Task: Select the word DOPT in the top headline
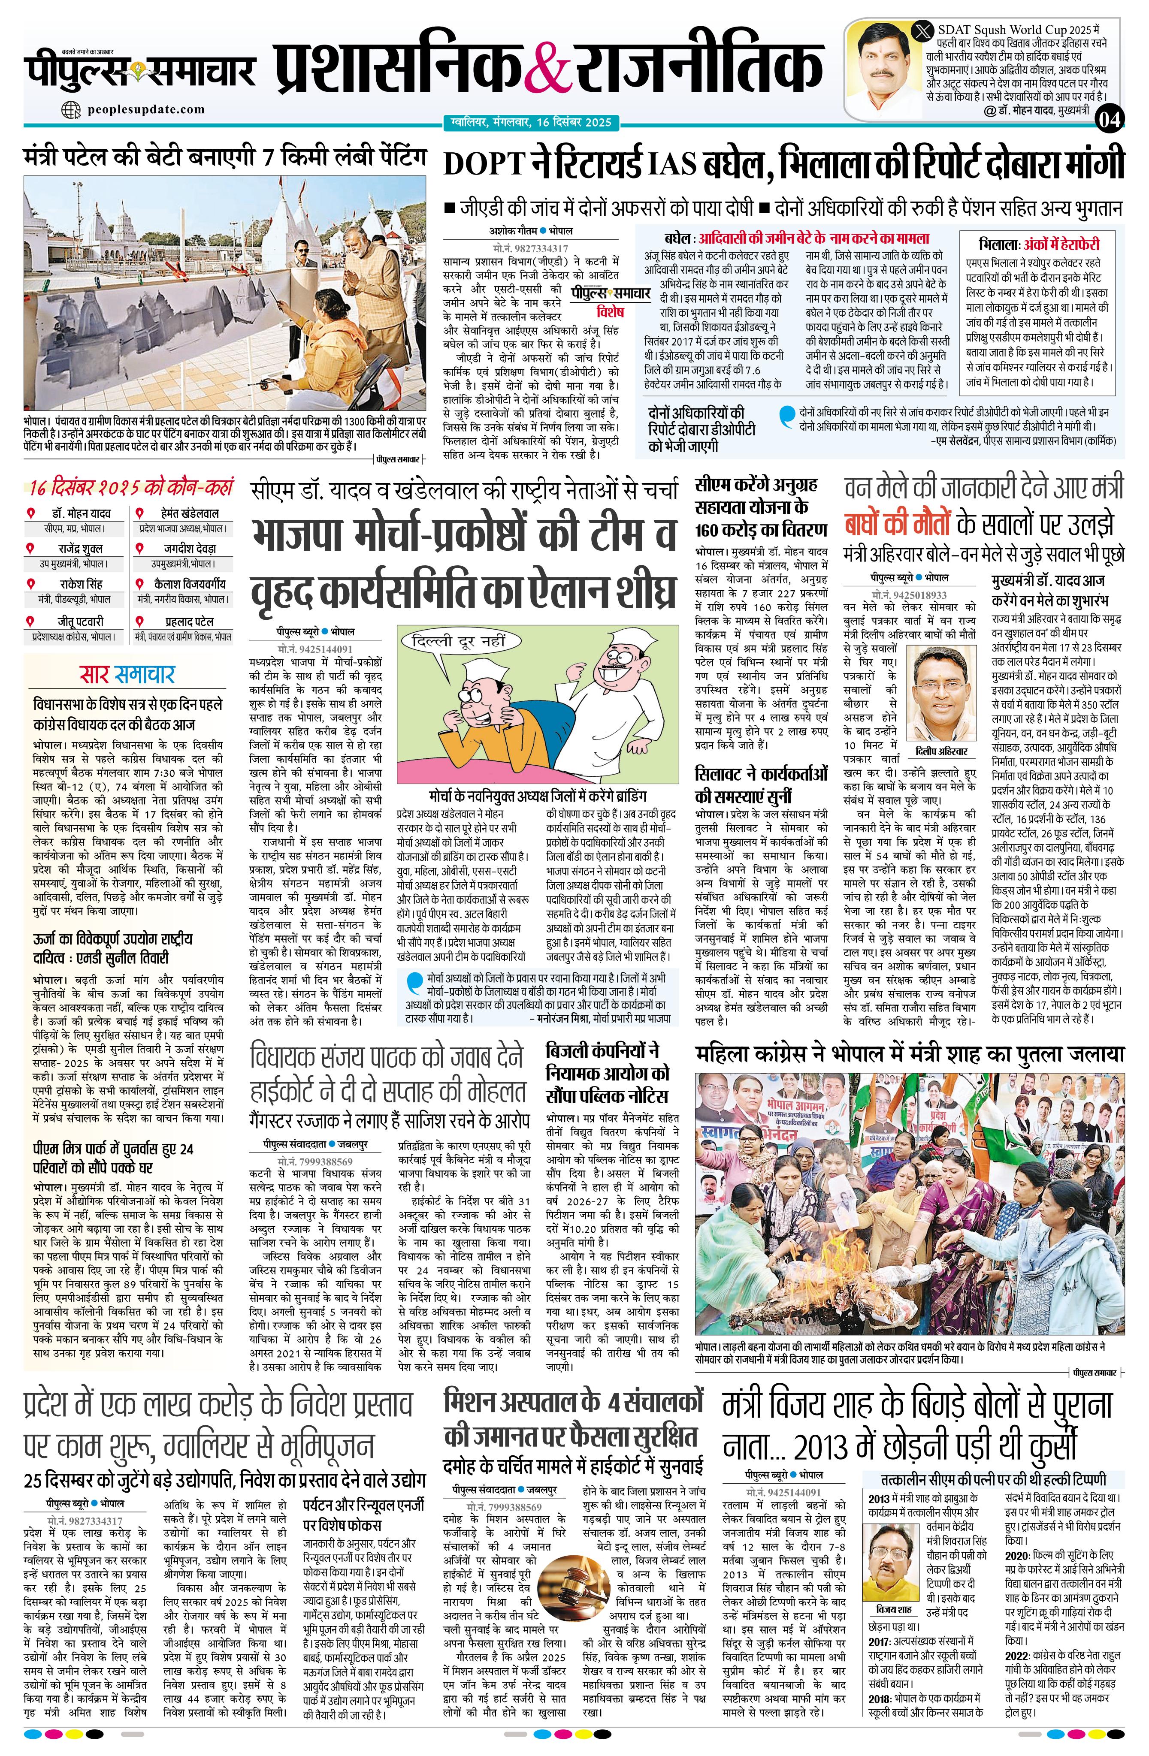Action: coord(484,164)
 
